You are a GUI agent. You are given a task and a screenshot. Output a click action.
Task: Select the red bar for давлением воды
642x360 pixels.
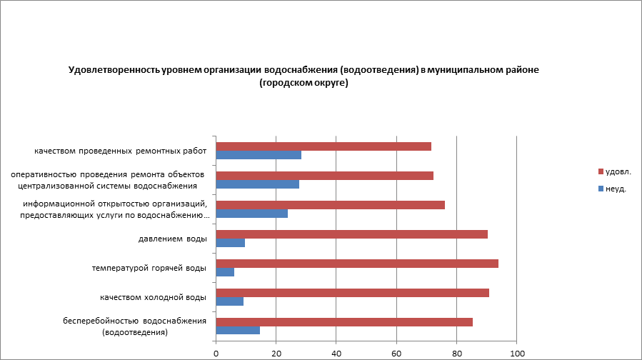pos(351,234)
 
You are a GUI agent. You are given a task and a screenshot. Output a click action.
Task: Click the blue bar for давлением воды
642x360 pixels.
pos(230,243)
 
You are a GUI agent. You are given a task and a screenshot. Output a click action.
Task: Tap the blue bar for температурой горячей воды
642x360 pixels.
pos(225,272)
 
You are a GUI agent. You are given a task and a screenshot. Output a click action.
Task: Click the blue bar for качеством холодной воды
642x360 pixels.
pos(229,301)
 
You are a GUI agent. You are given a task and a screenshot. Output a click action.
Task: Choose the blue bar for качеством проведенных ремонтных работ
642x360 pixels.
pos(259,155)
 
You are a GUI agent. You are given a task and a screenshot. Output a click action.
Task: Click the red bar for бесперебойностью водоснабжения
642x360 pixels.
pos(344,322)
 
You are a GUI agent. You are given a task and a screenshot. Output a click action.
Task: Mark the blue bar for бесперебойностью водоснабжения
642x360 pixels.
pos(238,331)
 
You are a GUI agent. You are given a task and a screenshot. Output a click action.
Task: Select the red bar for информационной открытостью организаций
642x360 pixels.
pos(330,205)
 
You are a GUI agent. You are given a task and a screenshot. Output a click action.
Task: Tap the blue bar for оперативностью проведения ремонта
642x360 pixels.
pos(257,184)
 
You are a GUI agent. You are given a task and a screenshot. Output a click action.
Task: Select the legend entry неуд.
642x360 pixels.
pos(615,189)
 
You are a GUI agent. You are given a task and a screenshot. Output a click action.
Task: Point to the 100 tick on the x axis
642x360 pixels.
pos(517,353)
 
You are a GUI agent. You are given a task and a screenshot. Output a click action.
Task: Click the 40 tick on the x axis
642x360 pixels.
pos(336,353)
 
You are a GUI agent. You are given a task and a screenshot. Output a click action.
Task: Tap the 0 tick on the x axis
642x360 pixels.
pos(216,353)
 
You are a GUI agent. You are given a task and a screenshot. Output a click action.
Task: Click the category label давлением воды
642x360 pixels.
pos(172,239)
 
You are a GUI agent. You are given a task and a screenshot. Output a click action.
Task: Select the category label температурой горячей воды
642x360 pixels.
pos(149,268)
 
